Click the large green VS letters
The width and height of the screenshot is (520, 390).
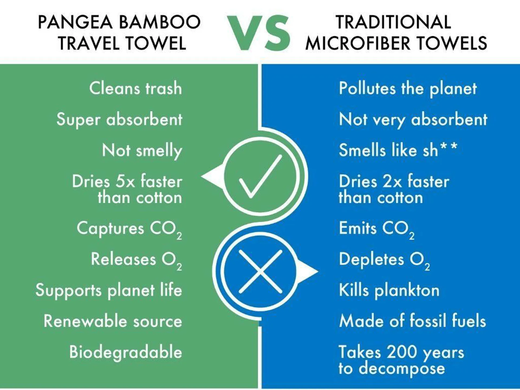(x=258, y=33)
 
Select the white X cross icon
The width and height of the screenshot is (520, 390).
(x=260, y=271)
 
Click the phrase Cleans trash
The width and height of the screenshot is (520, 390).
(x=136, y=88)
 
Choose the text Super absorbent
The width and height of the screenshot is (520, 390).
(x=119, y=119)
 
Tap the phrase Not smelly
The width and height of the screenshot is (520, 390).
(x=142, y=151)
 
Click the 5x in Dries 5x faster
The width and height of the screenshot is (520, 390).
(x=125, y=181)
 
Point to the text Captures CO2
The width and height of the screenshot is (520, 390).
(x=129, y=229)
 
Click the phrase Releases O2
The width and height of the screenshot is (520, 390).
(x=136, y=260)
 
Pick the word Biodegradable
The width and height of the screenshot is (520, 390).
(x=126, y=352)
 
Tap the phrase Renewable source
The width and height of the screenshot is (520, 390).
(x=113, y=321)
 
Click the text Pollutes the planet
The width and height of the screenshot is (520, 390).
(x=408, y=89)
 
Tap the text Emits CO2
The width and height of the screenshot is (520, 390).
(x=377, y=229)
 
